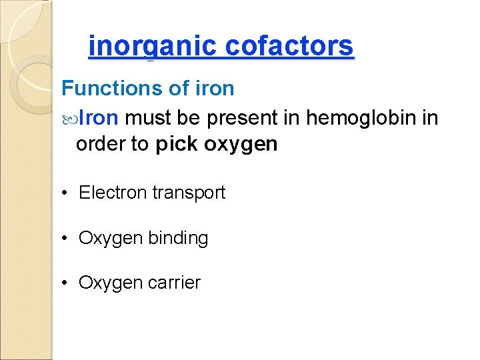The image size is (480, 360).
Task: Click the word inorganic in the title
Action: tap(153, 46)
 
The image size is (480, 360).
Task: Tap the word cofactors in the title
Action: tap(289, 46)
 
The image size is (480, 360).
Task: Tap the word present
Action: tap(243, 119)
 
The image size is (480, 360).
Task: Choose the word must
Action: tap(148, 119)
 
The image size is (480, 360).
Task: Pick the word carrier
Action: tap(174, 283)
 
